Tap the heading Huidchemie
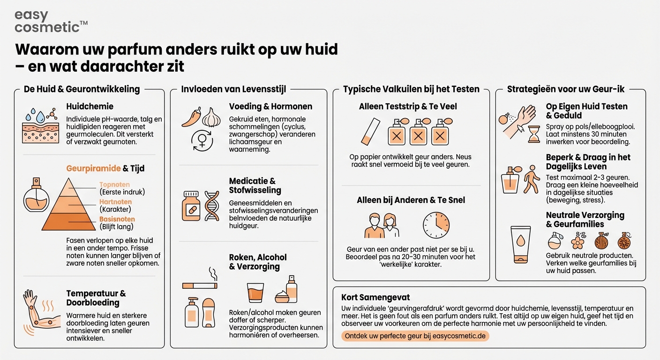(90, 106)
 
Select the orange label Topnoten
(114, 185)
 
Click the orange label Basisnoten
(117, 219)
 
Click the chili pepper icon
(191, 118)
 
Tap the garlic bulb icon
(211, 117)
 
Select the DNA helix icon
(212, 205)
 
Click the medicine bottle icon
(191, 206)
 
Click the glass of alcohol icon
(255, 292)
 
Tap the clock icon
(436, 225)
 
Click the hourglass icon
(533, 134)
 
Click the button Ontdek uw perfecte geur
(415, 336)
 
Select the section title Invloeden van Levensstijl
(233, 89)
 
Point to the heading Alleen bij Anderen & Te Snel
(411, 200)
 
